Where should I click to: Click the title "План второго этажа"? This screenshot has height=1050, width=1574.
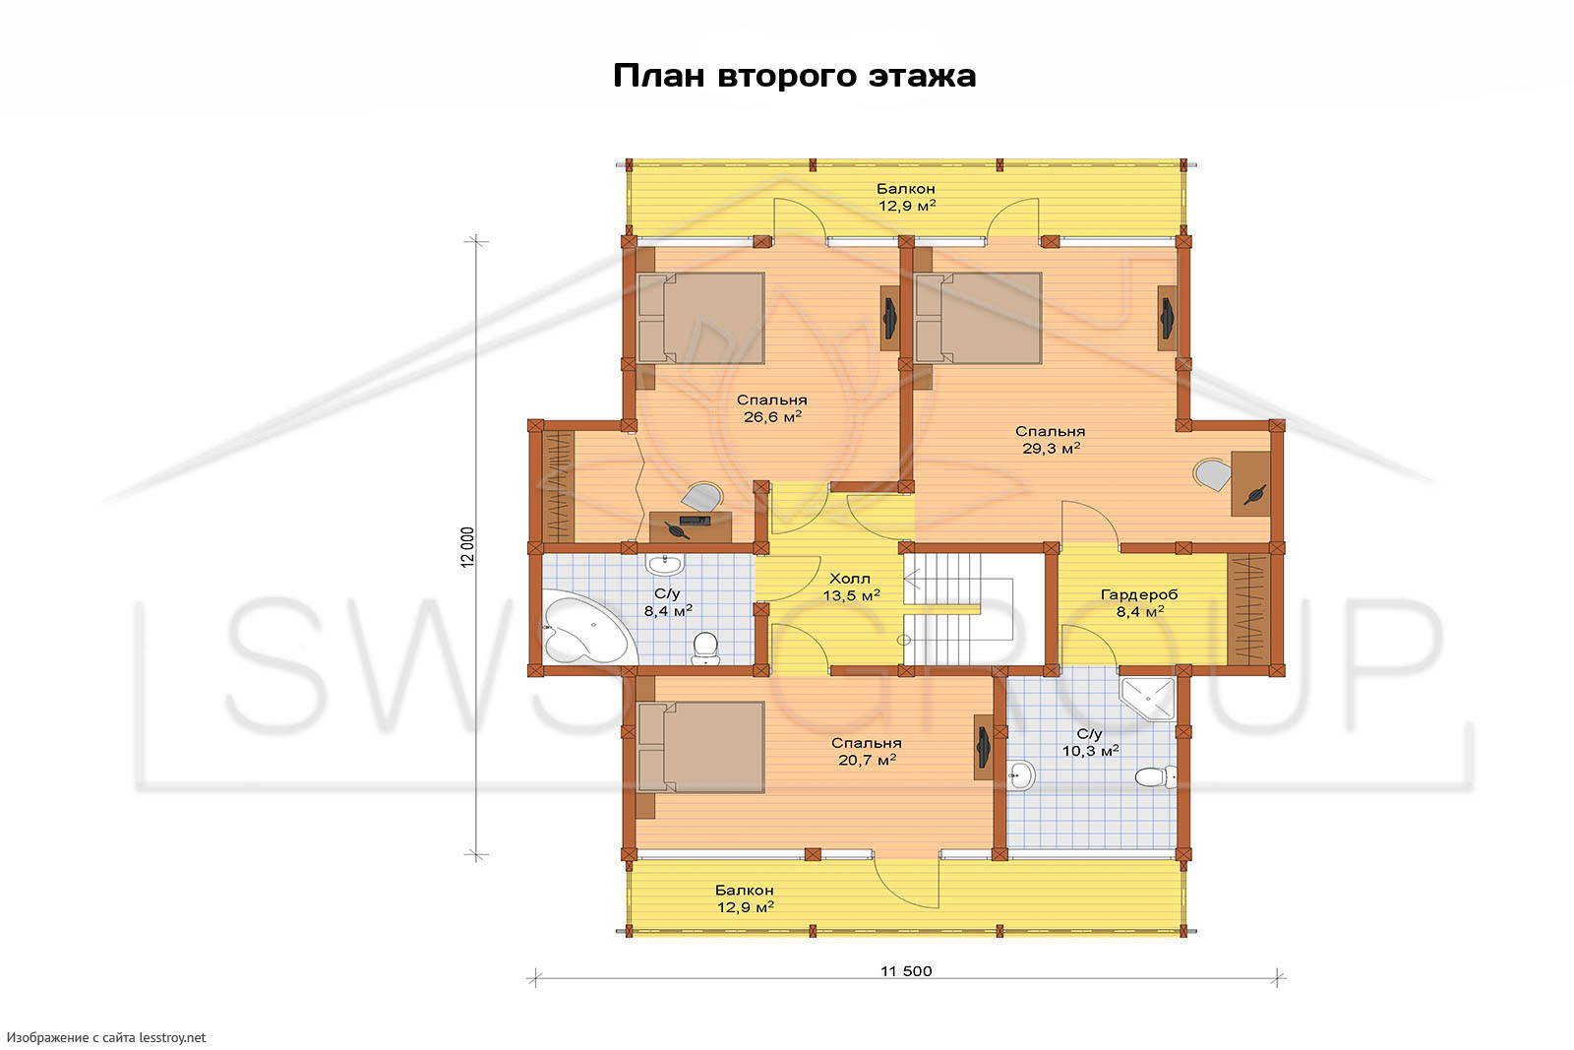click(795, 76)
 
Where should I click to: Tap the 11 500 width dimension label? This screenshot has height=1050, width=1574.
click(906, 971)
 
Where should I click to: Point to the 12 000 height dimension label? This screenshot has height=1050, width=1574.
click(468, 547)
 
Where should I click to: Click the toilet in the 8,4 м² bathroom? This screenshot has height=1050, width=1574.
click(704, 648)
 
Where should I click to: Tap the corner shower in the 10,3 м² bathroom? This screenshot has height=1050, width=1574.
click(1148, 698)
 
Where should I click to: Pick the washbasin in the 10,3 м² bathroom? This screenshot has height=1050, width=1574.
click(1020, 775)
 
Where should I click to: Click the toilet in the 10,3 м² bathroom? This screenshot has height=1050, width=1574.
click(1155, 776)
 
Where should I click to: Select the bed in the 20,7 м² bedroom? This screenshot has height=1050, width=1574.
click(700, 746)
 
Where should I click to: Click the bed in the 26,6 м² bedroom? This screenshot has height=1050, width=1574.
click(700, 318)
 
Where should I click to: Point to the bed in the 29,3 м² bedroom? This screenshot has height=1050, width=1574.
click(978, 318)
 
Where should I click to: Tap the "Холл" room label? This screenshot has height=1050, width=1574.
click(850, 579)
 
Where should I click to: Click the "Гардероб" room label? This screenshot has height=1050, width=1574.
click(1139, 594)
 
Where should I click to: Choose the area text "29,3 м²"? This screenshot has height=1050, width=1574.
click(1052, 449)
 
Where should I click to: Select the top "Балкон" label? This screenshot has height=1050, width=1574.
click(906, 188)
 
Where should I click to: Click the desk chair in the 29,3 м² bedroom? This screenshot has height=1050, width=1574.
click(1212, 474)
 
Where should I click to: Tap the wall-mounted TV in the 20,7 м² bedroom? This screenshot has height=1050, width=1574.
click(983, 747)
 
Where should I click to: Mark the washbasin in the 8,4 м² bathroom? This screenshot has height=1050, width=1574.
click(664, 564)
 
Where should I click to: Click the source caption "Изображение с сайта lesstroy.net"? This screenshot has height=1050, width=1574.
click(106, 1037)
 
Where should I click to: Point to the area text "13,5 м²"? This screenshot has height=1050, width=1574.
click(852, 596)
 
